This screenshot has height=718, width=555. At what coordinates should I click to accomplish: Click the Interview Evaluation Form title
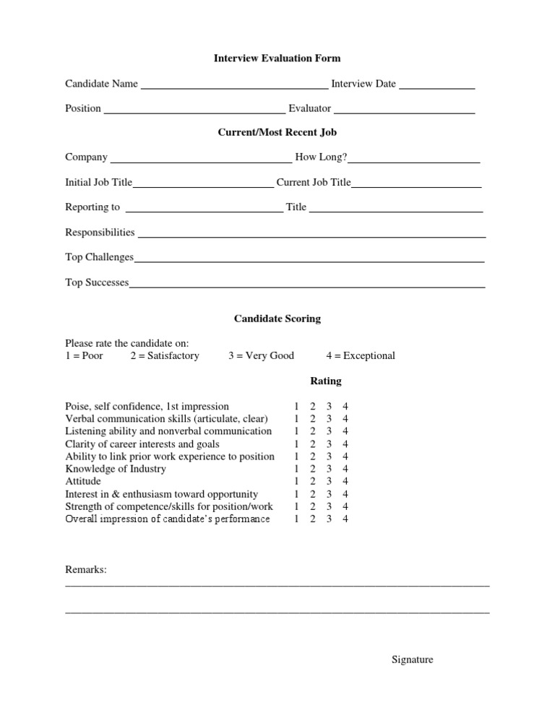tap(277, 58)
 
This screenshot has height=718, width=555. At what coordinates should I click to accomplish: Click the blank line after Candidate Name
tap(233, 85)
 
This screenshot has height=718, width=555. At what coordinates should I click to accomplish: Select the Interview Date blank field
tap(436, 85)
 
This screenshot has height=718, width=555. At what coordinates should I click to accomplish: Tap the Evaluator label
tap(309, 108)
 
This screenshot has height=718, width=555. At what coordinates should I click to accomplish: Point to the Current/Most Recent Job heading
tap(277, 132)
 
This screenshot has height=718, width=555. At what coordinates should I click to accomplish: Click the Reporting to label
tap(92, 207)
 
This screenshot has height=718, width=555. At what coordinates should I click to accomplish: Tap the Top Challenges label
tap(99, 257)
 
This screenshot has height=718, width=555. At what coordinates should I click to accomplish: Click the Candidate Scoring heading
tap(277, 319)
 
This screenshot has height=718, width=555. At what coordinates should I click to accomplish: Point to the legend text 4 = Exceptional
tap(361, 356)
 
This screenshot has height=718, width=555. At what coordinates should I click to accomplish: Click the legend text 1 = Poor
tap(84, 356)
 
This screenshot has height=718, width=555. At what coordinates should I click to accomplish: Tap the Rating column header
tap(325, 381)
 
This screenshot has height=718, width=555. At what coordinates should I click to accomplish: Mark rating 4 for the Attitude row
tap(345, 481)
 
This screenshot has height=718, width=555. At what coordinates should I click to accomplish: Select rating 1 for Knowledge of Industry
tap(296, 469)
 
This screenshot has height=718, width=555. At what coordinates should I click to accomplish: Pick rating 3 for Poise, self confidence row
tap(329, 407)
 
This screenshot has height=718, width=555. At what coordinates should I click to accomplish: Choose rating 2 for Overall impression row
tap(312, 519)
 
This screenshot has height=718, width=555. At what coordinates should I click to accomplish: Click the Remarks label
tap(86, 570)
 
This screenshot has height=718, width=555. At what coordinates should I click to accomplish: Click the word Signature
tap(412, 659)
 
